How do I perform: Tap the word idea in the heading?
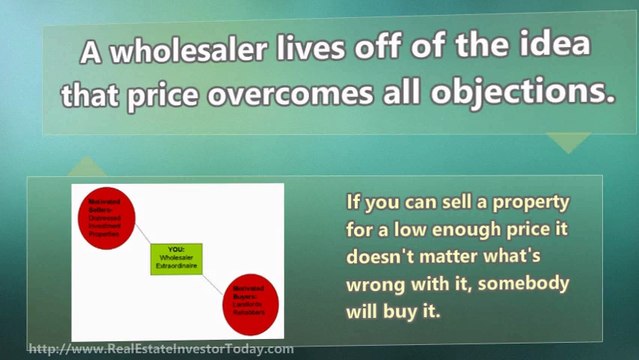coord(550,49)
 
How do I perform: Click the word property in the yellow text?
coord(530,204)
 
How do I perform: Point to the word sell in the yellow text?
coord(457,204)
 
